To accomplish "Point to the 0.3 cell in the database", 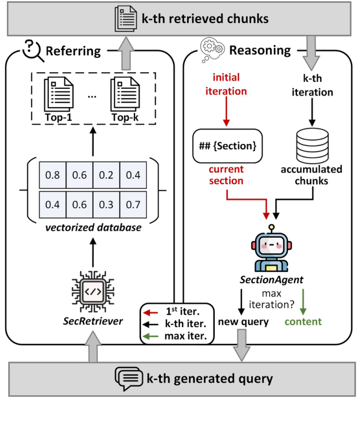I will pyautogui.click(x=106, y=204).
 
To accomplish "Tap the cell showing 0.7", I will pyautogui.click(x=134, y=204).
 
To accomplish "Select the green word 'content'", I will pyautogui.click(x=303, y=321).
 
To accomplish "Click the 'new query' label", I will pyautogui.click(x=243, y=322).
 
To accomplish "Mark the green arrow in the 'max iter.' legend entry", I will pyautogui.click(x=151, y=337).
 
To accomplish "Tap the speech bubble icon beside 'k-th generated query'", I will pyautogui.click(x=127, y=378).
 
